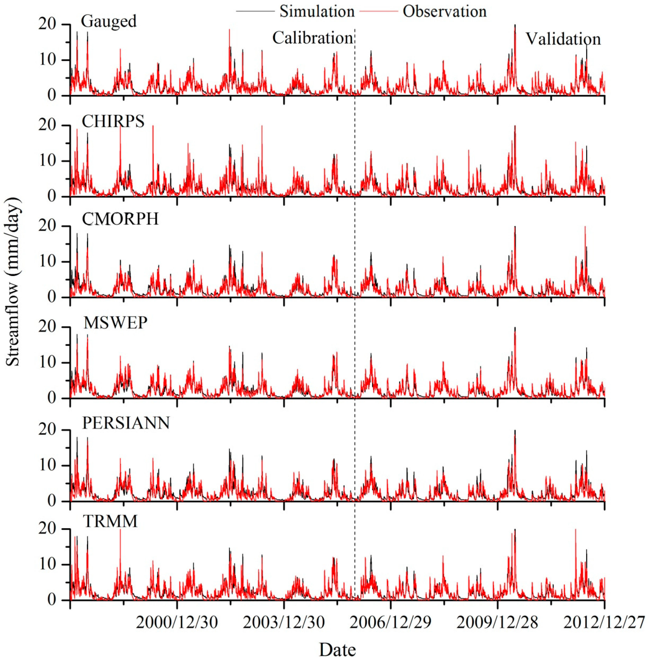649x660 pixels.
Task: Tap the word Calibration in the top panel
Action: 312,38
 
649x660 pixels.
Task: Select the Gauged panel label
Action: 108,21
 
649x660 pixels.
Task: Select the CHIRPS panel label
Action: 113,121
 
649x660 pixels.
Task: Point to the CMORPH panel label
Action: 120,219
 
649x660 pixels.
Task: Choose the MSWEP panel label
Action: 115,322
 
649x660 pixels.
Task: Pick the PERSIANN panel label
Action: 126,423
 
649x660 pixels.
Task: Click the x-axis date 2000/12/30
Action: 177,623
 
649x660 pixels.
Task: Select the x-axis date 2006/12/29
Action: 391,623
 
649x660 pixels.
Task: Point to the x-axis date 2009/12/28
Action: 497,623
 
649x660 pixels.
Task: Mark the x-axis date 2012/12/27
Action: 604,623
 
